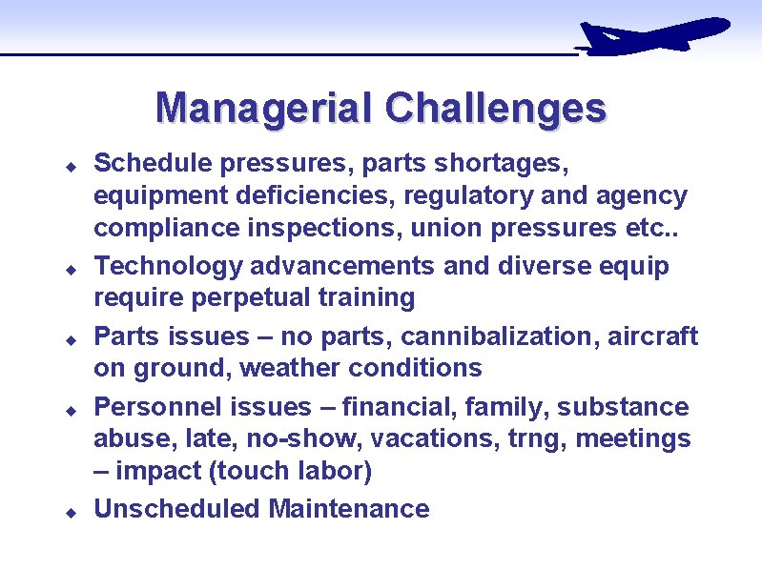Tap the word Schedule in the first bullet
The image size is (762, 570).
click(x=153, y=164)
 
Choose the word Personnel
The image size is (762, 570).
click(x=157, y=407)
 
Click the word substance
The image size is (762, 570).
click(x=623, y=407)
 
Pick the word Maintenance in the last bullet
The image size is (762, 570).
click(x=349, y=509)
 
